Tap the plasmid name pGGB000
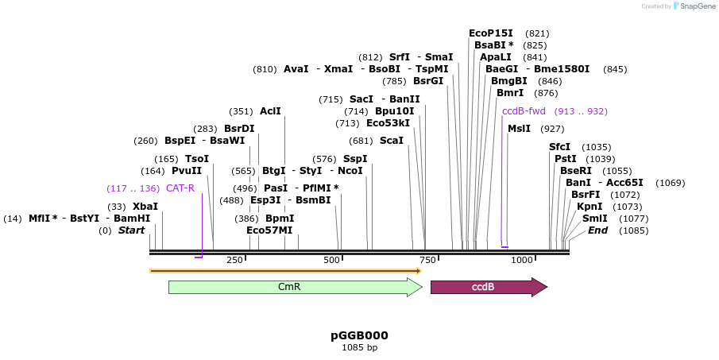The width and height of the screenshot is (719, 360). coord(359,335)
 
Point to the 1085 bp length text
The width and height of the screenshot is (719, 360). coord(359,347)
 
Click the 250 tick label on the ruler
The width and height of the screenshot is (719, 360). coord(234,260)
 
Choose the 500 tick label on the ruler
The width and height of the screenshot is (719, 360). coord(331,260)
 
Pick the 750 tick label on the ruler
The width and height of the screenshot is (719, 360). coord(427,260)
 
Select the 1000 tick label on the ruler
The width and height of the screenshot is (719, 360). coord(522,260)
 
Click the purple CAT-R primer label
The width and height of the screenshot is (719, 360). coord(180,188)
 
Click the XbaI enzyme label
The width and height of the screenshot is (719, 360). coord(145,206)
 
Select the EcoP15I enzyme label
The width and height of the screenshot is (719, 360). coord(491,33)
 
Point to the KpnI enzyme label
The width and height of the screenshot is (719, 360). coord(590,207)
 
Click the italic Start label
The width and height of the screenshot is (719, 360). coord(131,230)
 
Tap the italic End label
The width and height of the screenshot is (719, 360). coord(597,230)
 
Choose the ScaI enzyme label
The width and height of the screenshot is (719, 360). coord(391,141)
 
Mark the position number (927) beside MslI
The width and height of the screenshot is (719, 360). coord(551,129)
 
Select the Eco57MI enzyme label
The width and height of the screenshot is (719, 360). coord(269,230)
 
